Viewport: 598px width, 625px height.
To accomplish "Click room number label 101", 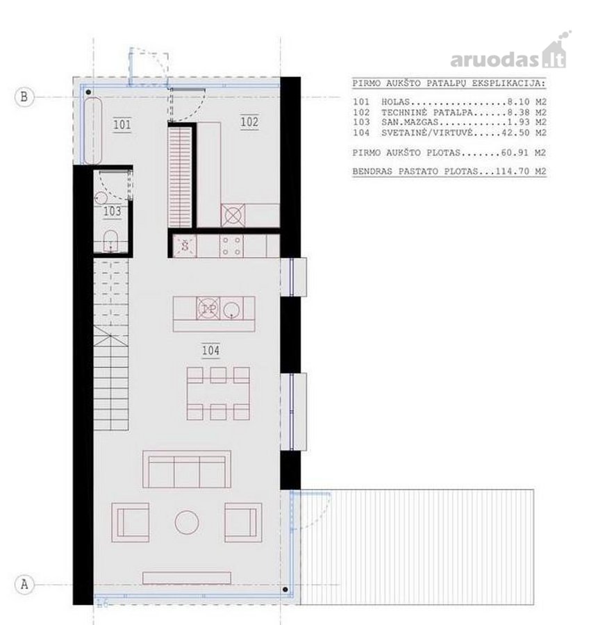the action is [122, 125].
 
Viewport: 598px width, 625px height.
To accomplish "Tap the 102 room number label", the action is [249, 122].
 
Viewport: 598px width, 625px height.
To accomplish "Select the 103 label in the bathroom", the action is [112, 211].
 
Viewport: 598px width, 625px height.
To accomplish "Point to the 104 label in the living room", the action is [210, 351].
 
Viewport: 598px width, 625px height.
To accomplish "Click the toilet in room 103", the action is [110, 241].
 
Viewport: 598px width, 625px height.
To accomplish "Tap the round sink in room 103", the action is [101, 198].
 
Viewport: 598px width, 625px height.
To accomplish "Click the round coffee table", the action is [187, 522].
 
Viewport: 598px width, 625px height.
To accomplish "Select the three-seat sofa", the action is [187, 469].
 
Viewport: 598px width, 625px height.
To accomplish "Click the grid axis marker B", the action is [24, 97].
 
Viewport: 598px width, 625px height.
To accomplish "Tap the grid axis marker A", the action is [24, 584].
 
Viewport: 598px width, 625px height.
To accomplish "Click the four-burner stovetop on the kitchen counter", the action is [231, 246].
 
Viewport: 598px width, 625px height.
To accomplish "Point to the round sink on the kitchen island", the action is [231, 309].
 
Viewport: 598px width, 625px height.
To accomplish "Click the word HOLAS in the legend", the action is [395, 103].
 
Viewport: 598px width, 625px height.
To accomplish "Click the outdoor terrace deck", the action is [417, 547].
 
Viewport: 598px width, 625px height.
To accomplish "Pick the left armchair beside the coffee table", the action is [131, 522].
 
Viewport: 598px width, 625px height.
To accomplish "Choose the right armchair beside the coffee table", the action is [243, 522].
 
